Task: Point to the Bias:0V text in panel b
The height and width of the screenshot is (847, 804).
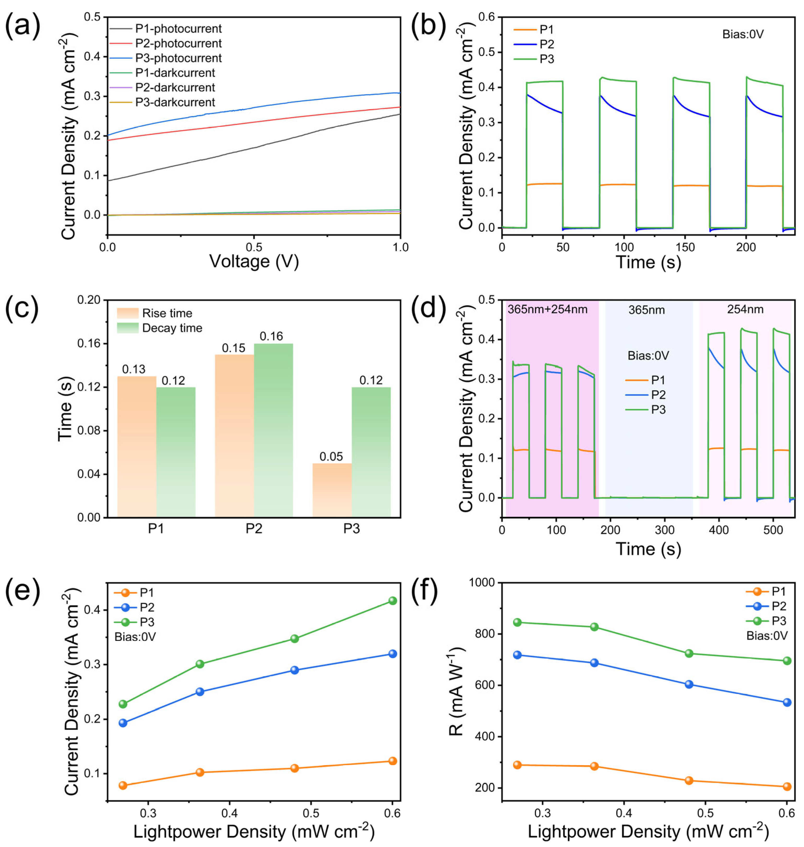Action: pos(743,34)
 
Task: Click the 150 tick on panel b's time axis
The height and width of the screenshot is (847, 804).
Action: pos(685,247)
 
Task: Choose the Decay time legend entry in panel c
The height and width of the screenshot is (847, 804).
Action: pos(172,328)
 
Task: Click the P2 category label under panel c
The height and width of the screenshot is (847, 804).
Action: pos(254,529)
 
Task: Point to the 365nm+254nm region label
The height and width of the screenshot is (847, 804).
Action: pos(547,309)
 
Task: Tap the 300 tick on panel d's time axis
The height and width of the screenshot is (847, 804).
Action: pos(665,530)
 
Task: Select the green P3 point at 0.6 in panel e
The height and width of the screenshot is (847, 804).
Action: pos(392,601)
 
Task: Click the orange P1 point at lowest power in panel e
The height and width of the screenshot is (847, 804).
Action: pos(123,785)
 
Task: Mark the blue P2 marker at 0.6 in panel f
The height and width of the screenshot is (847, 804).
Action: pos(787,703)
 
